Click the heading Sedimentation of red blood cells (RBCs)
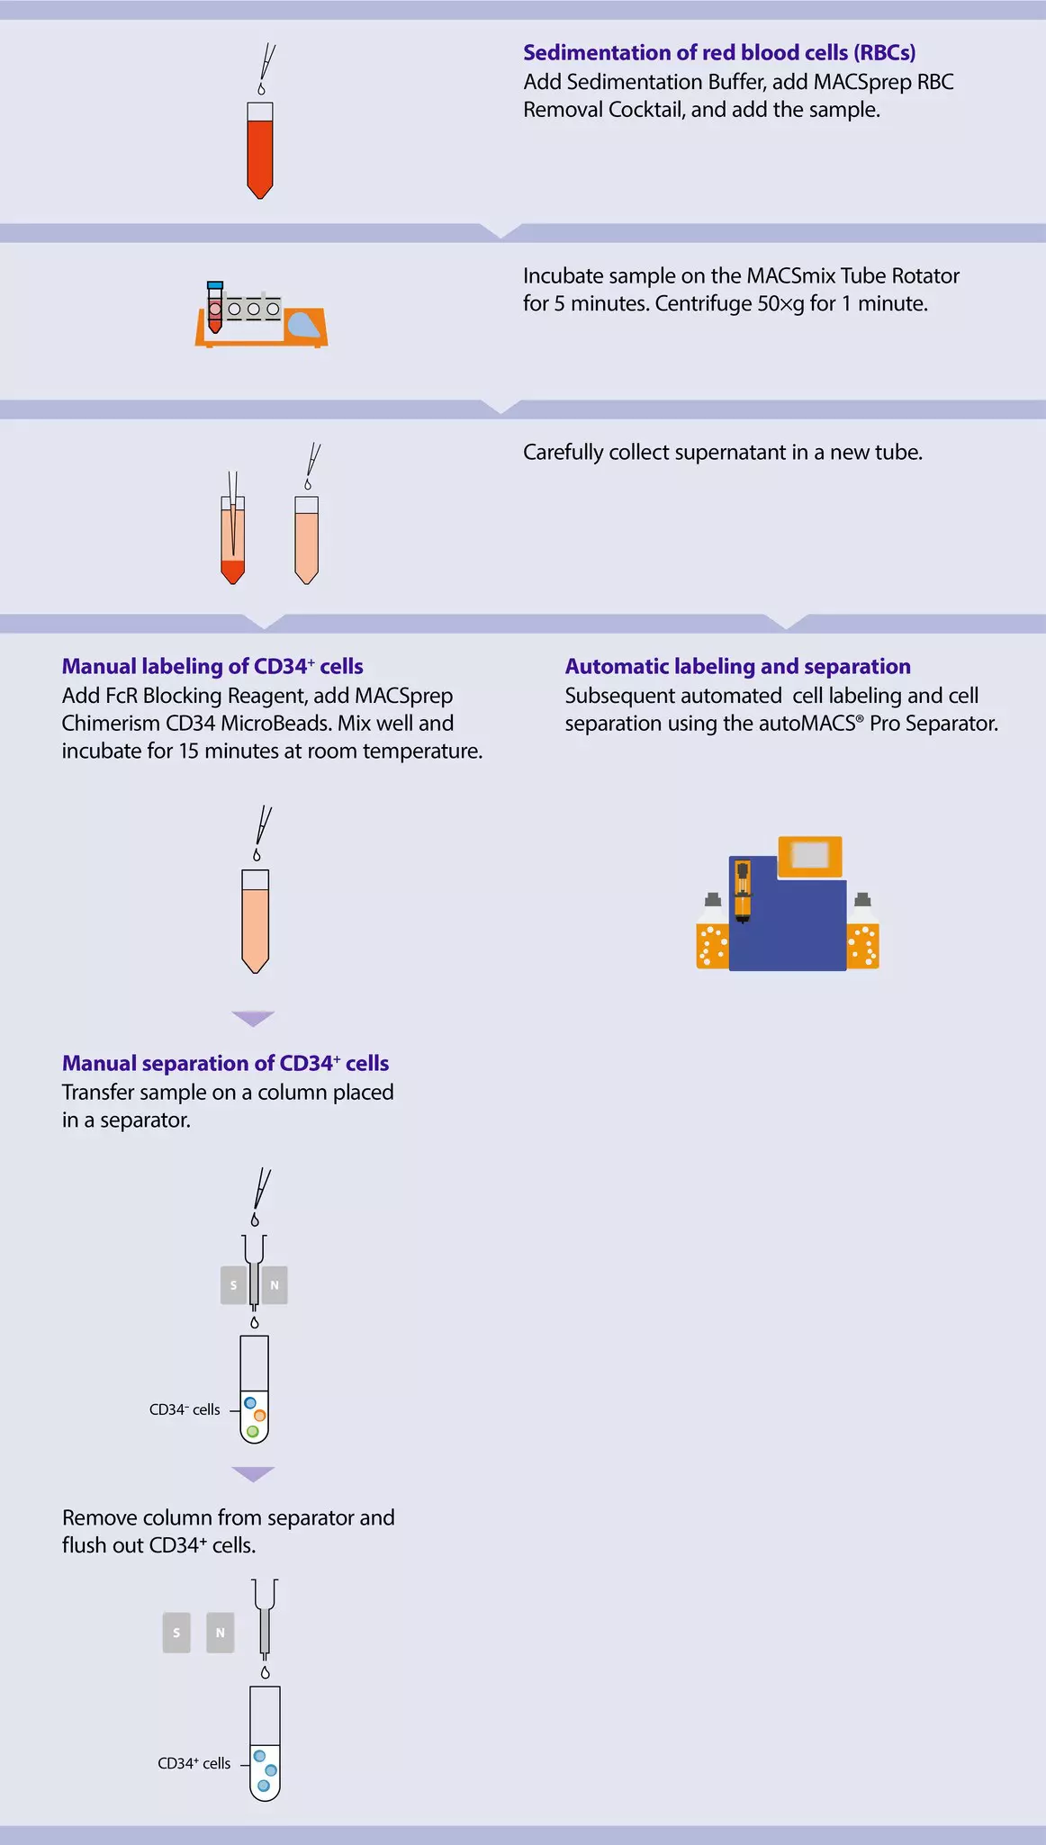(x=719, y=53)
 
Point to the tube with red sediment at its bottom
(x=233, y=541)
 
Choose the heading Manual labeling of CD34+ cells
(x=212, y=667)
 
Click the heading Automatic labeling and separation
(x=737, y=667)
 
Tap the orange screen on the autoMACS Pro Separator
(x=810, y=855)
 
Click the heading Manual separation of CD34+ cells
(x=225, y=1064)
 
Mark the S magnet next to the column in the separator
(x=233, y=1285)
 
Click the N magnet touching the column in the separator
(x=275, y=1285)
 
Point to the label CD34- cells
(x=185, y=1410)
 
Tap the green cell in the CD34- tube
(x=253, y=1431)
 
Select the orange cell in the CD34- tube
(x=260, y=1416)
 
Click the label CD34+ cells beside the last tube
(x=194, y=1764)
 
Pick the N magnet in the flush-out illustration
(x=221, y=1633)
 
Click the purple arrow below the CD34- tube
(x=253, y=1473)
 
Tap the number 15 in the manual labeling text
(x=190, y=751)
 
